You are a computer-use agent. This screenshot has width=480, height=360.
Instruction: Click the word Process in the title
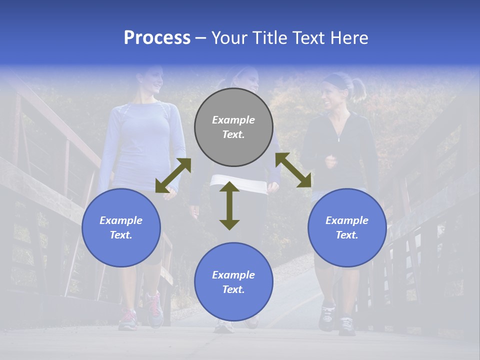(157, 38)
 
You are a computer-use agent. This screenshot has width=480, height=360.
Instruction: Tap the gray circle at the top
(233, 127)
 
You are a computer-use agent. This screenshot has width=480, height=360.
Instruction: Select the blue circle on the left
(121, 227)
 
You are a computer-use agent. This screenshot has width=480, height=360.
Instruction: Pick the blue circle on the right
(347, 227)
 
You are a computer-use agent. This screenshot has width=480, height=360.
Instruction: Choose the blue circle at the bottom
(233, 282)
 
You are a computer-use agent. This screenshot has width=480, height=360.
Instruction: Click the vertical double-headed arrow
(229, 205)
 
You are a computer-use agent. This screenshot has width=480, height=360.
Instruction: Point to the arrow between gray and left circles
(173, 175)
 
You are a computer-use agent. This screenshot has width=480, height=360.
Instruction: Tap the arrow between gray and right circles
(293, 170)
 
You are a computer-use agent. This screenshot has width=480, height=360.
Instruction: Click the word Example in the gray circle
(233, 120)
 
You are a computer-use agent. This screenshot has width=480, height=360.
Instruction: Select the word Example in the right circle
(347, 220)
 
